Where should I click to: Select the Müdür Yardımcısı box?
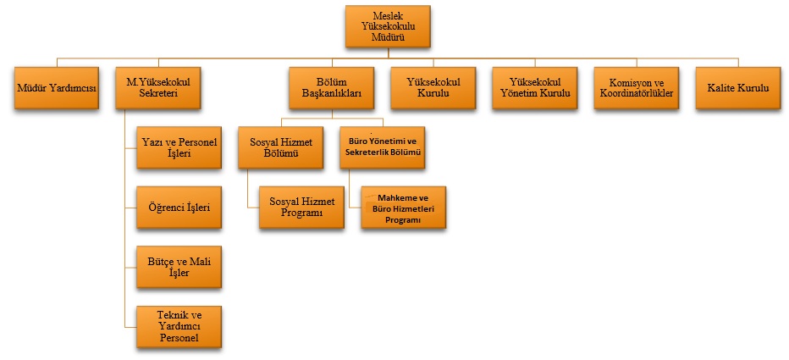pyautogui.click(x=57, y=88)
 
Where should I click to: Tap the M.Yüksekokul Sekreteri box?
pyautogui.click(x=157, y=88)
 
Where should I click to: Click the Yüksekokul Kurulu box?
pyautogui.click(x=433, y=88)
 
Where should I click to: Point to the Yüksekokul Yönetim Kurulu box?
pyautogui.click(x=534, y=88)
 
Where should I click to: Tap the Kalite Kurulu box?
pyautogui.click(x=737, y=88)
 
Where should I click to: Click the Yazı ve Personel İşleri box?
pyautogui.click(x=179, y=147)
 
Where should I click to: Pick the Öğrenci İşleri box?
pyautogui.click(x=179, y=207)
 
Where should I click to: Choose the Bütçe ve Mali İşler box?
pyautogui.click(x=179, y=266)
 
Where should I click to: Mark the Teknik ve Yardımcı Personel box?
pyautogui.click(x=179, y=326)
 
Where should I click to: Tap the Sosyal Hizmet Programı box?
pyautogui.click(x=301, y=206)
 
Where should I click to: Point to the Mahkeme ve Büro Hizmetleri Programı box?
pyautogui.click(x=403, y=208)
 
